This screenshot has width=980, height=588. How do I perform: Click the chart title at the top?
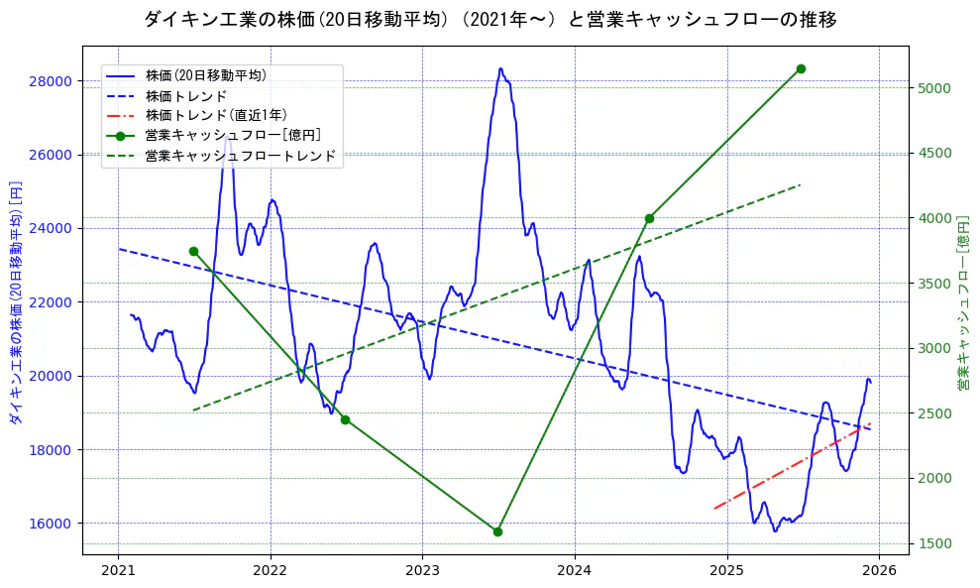[490, 19]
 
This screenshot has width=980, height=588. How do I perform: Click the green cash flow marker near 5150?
[801, 68]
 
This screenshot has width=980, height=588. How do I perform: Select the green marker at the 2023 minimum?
[497, 531]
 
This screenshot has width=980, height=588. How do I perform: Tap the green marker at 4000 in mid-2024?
[649, 218]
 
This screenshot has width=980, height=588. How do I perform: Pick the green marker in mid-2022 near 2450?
[345, 419]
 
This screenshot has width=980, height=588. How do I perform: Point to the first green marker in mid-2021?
[193, 251]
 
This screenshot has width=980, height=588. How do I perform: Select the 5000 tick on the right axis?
[933, 88]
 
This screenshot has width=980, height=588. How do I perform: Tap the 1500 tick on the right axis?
[933, 543]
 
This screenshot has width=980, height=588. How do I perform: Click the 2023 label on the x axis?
[422, 570]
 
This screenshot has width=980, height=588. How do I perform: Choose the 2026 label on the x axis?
[879, 570]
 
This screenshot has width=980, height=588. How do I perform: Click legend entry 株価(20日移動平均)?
[205, 75]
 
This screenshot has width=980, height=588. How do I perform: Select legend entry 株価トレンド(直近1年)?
[215, 115]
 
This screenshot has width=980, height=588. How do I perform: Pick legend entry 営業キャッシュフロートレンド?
[240, 156]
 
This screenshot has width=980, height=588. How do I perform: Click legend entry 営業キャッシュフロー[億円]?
[232, 135]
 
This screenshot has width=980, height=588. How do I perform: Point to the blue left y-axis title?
[15, 302]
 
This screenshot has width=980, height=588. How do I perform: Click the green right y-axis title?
[962, 302]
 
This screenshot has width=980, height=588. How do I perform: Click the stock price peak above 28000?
[500, 69]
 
